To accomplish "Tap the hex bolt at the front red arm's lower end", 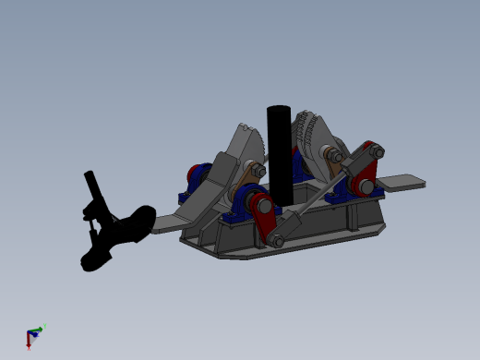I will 274,239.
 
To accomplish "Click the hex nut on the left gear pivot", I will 258,171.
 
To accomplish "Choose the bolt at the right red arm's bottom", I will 366,186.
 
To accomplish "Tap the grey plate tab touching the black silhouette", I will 167,223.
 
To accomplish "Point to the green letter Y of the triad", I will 43,326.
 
